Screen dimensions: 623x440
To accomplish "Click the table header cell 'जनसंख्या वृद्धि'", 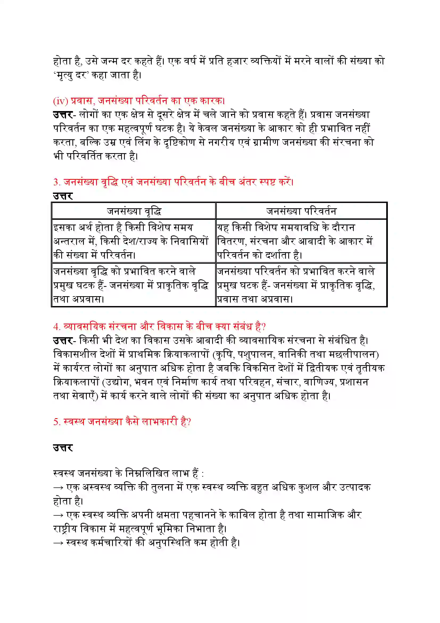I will coord(134,211).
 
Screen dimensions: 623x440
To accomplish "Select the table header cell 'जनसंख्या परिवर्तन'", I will coord(301,211).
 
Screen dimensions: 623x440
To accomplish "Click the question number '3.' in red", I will coord(57,182).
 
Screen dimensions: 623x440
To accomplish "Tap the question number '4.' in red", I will coord(57,327).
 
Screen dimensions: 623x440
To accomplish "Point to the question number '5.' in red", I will coord(57,422).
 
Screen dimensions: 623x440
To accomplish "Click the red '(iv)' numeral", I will coord(60,101).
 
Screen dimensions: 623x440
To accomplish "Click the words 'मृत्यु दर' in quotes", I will coord(71,75).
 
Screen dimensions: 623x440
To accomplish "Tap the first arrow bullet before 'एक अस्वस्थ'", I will coord(58,488).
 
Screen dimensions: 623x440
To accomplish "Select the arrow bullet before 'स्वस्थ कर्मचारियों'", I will coord(58,543).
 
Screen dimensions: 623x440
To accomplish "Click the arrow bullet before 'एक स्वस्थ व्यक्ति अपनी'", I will coord(58,515).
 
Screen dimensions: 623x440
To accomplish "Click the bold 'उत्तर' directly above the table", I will coord(63,196).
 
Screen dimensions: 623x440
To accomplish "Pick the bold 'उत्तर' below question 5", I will coord(63,448).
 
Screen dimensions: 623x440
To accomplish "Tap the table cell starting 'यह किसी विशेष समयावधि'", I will coord(301,241).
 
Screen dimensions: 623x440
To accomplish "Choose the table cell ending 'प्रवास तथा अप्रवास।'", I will coord(301,285).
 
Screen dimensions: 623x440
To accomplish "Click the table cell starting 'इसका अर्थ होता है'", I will coord(134,241).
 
